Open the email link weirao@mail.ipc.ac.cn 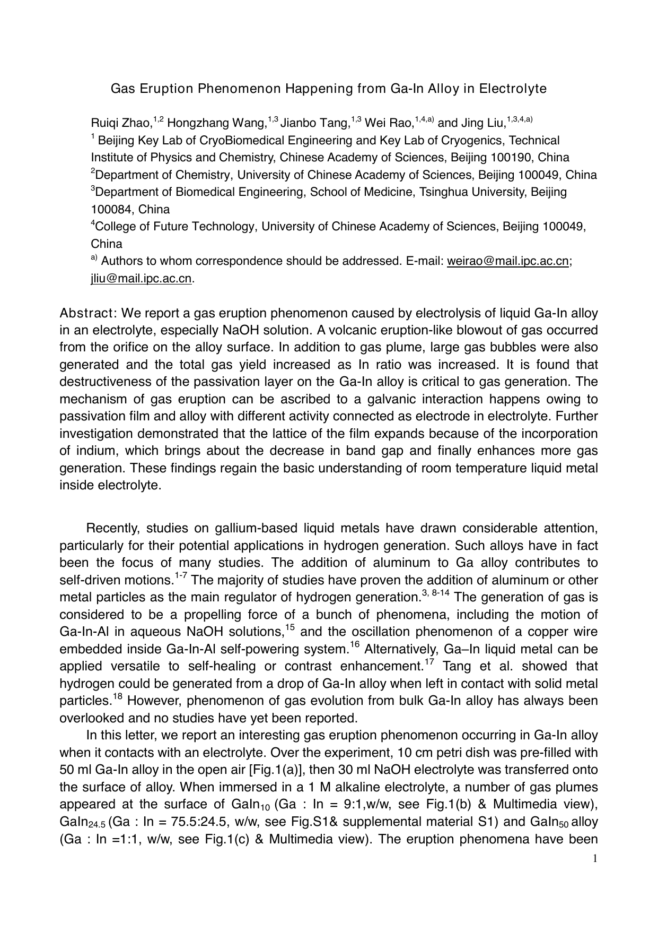point(508,261)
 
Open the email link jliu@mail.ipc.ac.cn point(141,279)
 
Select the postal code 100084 point(111,209)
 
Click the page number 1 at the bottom point(595,859)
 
